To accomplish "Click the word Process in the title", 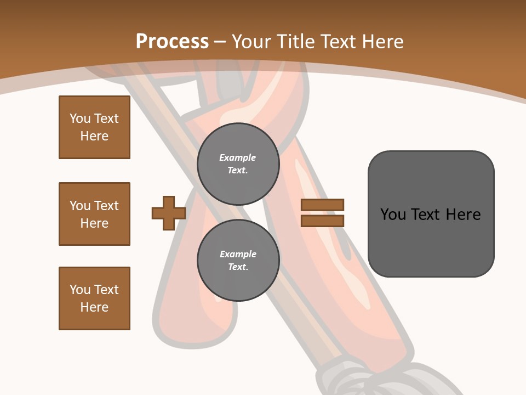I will click(172, 41).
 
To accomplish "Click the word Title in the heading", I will click(295, 41).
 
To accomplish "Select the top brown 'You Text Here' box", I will click(94, 127).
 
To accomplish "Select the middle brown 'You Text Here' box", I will click(94, 214).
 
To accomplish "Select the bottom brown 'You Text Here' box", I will click(94, 298).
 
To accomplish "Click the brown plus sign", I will click(169, 213).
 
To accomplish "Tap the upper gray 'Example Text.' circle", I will click(238, 164).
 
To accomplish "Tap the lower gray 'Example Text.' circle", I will click(238, 261).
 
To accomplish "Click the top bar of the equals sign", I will click(322, 205).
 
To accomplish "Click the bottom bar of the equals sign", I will click(322, 221).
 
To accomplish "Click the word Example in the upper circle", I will click(238, 157).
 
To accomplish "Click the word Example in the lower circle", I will click(238, 254).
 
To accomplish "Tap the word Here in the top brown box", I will click(94, 136).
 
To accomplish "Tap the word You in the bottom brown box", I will click(80, 290).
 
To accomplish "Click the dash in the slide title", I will click(220, 41).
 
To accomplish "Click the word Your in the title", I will click(252, 41).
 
